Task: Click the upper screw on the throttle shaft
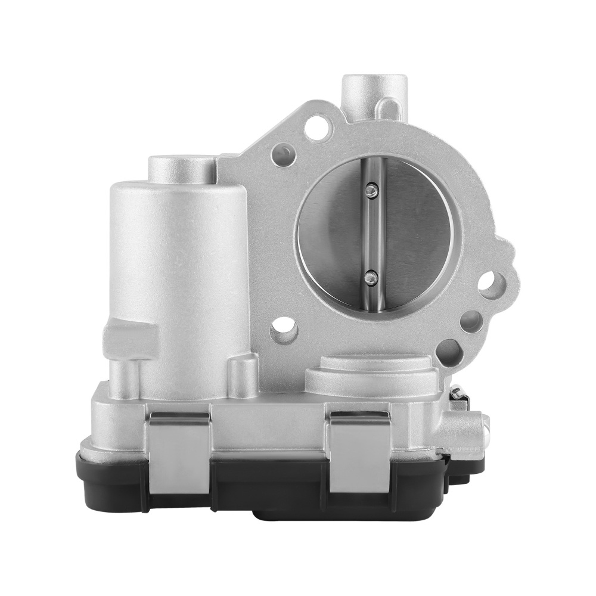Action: coord(371,190)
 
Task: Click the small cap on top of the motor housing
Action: coord(181,168)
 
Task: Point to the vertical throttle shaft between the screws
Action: coord(372,232)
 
